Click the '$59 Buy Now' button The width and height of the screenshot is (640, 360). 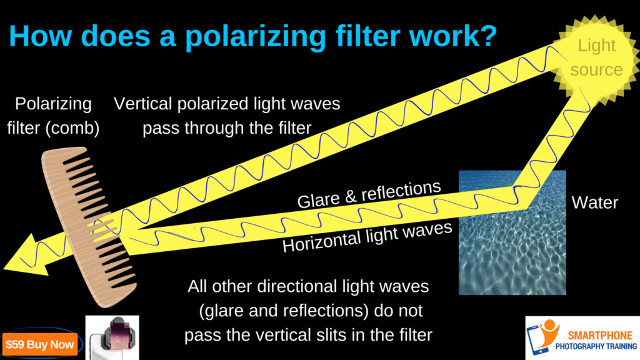point(39,344)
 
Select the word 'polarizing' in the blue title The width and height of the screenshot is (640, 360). point(256,37)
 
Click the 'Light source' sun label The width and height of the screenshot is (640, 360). point(596,57)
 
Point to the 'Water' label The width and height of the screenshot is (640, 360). point(595,203)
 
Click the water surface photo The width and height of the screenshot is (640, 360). point(512,232)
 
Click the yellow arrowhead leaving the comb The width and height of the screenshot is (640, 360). point(26,256)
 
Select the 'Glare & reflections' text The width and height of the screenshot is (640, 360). point(369,194)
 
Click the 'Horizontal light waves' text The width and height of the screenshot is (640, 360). point(367,237)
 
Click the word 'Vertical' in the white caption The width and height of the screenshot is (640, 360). point(142,104)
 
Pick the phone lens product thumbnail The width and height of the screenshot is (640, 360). point(112,337)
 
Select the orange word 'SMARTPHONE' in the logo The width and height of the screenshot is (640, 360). point(600,336)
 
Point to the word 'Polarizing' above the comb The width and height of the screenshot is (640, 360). point(53,104)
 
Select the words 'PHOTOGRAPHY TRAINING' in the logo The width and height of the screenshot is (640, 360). point(596,347)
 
